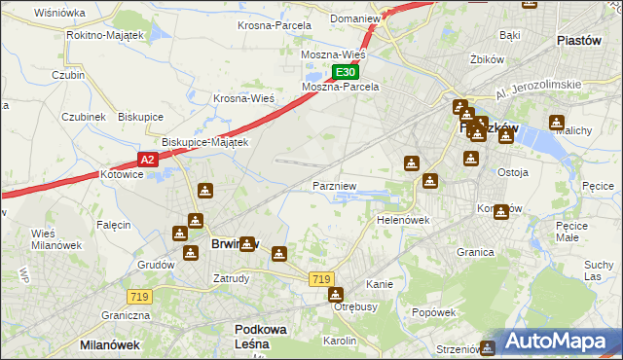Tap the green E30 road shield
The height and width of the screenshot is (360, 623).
[346, 72]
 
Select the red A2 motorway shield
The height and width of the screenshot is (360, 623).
[147, 160]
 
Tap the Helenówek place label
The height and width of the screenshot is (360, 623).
[403, 220]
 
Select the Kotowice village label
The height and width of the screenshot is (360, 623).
[122, 175]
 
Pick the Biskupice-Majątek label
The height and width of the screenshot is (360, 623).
[205, 141]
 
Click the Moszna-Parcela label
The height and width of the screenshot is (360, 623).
[340, 87]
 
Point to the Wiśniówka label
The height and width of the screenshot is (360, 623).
[59, 13]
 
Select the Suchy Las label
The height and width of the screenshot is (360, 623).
[597, 270]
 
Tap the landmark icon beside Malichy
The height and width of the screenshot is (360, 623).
[556, 124]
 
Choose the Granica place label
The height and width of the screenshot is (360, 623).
[475, 251]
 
